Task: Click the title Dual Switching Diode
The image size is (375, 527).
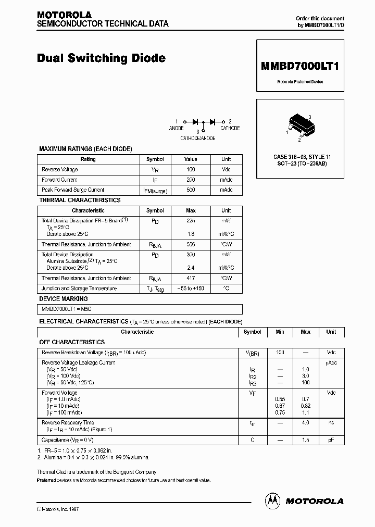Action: tap(101, 58)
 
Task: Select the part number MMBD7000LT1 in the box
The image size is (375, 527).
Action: tap(300, 66)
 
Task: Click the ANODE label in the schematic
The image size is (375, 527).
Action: tap(177, 128)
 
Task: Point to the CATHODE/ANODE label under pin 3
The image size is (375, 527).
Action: tap(197, 139)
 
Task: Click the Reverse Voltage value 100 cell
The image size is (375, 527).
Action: tap(191, 170)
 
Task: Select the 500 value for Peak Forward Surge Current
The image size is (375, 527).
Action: tap(191, 190)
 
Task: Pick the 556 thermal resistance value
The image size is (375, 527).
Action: tap(191, 245)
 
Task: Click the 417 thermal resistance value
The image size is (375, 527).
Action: tap(191, 279)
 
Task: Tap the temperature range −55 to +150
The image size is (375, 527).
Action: tap(191, 288)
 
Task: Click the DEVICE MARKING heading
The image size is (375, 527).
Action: tap(64, 299)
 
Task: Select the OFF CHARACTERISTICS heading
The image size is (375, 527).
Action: tap(72, 342)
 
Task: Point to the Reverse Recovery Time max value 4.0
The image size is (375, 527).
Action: tap(305, 423)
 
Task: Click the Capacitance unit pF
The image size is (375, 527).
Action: tap(331, 440)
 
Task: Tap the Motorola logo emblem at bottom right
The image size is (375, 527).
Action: tap(272, 500)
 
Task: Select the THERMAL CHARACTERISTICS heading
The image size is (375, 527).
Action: tap(80, 200)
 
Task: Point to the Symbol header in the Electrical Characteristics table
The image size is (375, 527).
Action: tap(252, 332)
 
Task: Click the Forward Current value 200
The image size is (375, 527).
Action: tap(191, 180)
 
